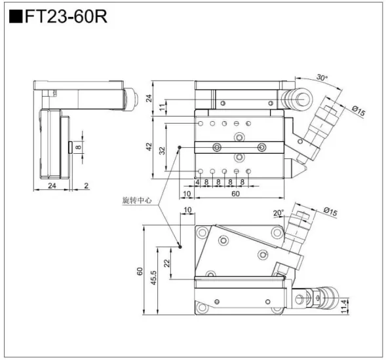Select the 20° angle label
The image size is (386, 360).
[x=279, y=212]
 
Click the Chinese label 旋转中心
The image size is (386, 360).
[x=137, y=200]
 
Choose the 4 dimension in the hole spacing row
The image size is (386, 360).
[x=197, y=182]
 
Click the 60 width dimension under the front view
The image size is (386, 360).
[x=236, y=194]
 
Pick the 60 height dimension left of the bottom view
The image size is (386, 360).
[x=139, y=271]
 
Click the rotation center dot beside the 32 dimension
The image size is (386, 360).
[x=180, y=147]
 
